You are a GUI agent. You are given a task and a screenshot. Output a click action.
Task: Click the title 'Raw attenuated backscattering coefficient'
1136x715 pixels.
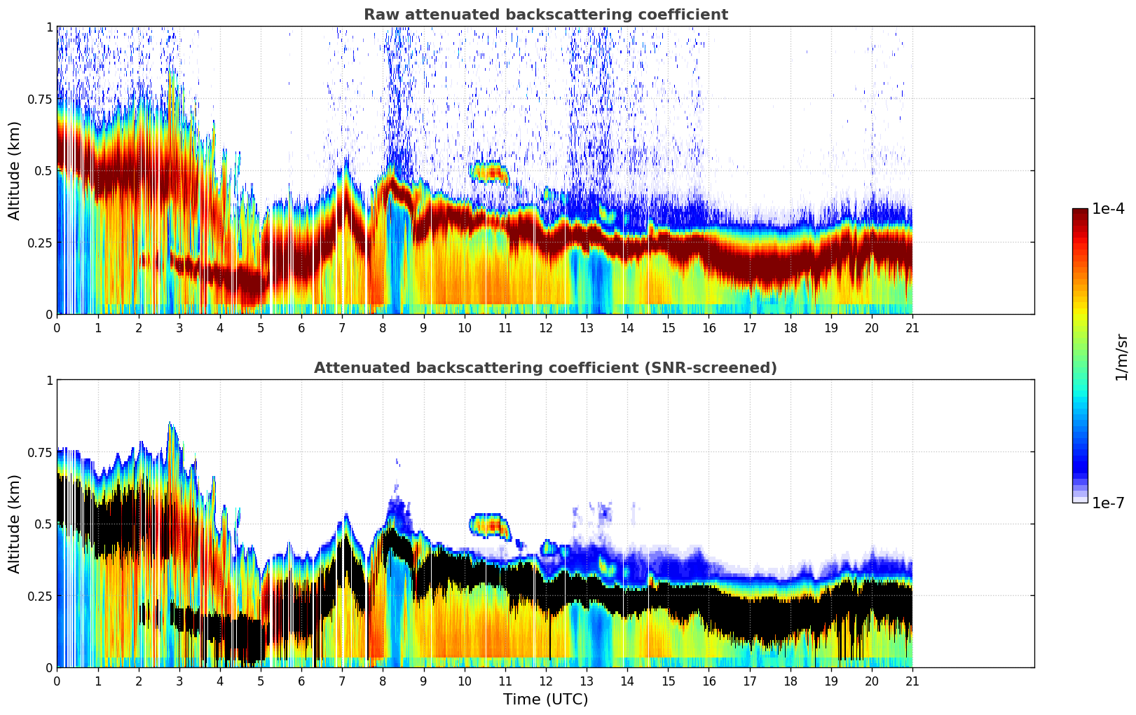point(545,15)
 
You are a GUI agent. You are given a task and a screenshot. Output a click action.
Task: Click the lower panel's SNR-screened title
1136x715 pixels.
point(545,368)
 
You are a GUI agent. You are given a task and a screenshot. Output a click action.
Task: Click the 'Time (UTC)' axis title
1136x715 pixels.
point(545,700)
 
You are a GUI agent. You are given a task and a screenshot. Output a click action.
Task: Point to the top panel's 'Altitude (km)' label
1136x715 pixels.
point(15,170)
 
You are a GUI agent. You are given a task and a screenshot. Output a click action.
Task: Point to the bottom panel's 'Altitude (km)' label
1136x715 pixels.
point(15,524)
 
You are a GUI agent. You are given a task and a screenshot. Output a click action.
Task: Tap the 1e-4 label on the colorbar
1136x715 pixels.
point(1108,209)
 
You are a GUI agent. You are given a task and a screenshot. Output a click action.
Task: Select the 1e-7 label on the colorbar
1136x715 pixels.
point(1108,503)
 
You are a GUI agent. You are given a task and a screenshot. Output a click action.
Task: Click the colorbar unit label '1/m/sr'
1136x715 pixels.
point(1121,357)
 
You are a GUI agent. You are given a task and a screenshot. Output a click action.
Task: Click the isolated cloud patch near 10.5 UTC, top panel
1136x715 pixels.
point(488,172)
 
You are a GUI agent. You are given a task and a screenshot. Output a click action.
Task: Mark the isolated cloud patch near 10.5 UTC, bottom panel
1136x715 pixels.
point(488,524)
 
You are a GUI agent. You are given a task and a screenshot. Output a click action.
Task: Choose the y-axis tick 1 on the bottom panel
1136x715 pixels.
point(49,381)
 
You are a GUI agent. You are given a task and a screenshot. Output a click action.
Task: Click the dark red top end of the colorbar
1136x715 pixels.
point(1080,212)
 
